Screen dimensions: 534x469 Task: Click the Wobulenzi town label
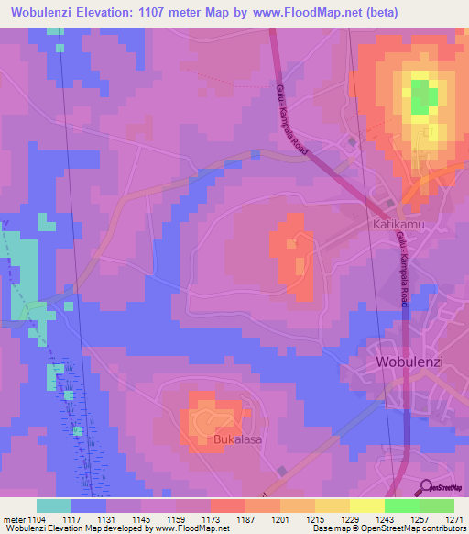[409, 362]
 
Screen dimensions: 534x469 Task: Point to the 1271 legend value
[454, 519]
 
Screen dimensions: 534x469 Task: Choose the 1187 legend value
[245, 519]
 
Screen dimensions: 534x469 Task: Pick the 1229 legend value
[349, 519]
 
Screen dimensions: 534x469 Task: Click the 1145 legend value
[140, 519]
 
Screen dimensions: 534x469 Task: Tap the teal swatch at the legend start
[54, 506]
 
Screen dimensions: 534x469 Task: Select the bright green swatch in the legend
[401, 506]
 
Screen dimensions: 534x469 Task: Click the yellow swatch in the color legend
[366, 506]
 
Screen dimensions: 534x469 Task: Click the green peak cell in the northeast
[422, 96]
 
